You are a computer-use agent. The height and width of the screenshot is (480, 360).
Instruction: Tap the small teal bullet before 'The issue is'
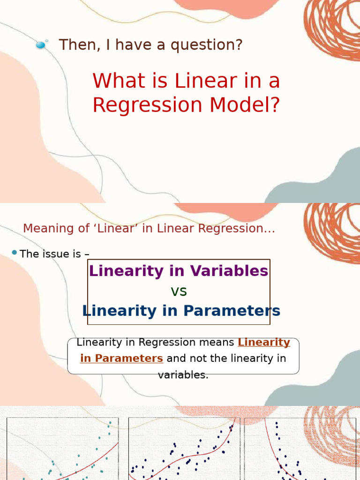[14, 253]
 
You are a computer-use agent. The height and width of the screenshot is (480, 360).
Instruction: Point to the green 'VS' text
[179, 292]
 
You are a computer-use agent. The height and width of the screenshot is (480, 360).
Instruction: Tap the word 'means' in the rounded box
[218, 343]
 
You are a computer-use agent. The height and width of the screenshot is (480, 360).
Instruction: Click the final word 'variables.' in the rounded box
[183, 375]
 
